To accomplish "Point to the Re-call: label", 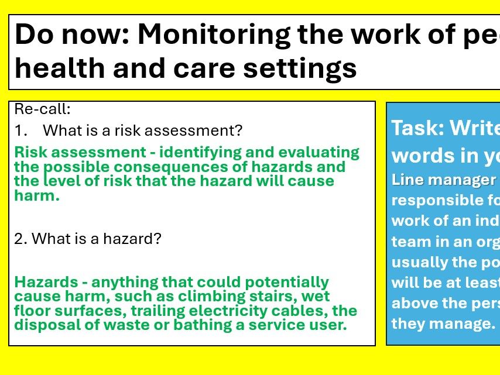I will [42, 109].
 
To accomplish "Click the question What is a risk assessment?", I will [142, 130].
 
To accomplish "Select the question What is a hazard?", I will [96, 239].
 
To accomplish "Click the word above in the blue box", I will [413, 303].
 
